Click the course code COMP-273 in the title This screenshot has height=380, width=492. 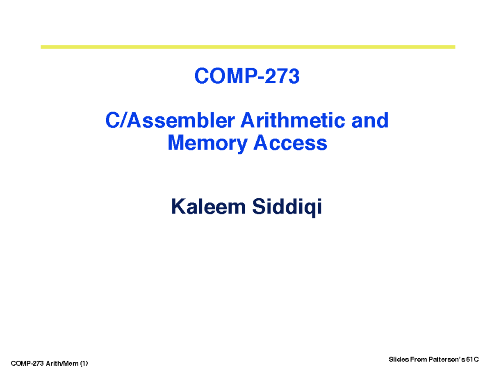click(247, 76)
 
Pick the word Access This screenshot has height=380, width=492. click(289, 143)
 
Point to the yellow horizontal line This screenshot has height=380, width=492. click(248, 47)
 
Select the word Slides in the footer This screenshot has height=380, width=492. click(396, 360)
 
